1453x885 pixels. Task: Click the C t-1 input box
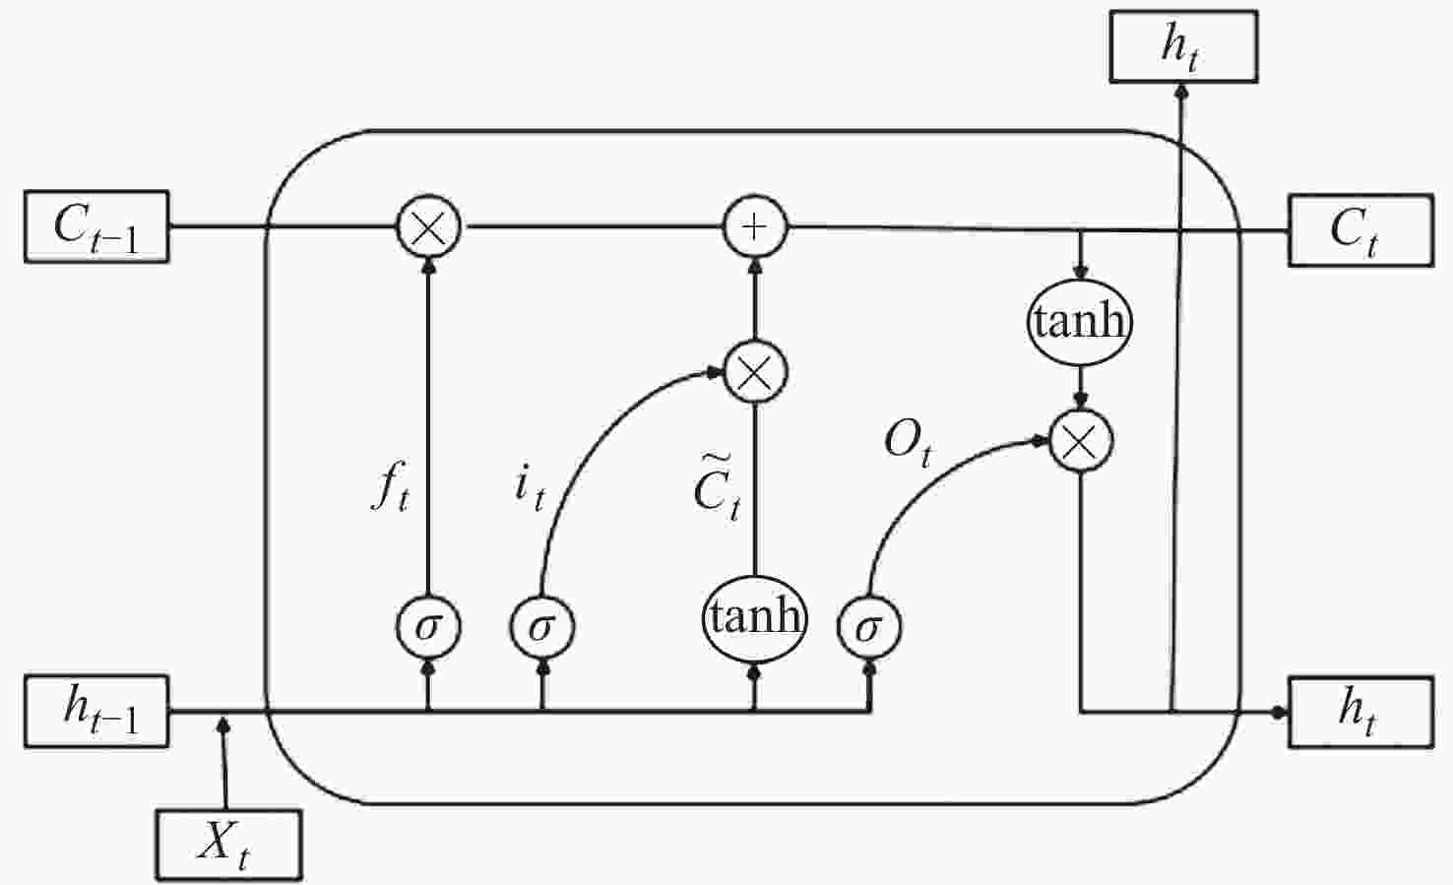pos(96,226)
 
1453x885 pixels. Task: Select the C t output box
pos(1360,230)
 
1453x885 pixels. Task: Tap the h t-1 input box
pos(96,712)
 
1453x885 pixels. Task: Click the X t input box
pos(229,845)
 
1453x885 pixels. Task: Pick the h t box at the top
pos(1184,46)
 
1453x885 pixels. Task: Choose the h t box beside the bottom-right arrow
pos(1360,713)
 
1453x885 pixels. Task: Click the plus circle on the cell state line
pos(754,227)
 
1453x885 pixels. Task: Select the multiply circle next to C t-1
pos(429,227)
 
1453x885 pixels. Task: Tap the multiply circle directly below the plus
pos(755,372)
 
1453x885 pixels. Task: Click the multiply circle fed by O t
pos(1081,441)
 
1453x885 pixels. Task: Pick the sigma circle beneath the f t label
pos(429,627)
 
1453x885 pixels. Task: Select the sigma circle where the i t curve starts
pos(542,627)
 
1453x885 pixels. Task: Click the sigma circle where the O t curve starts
pos(869,627)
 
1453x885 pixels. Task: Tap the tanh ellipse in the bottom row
pos(754,618)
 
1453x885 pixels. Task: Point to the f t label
pos(391,485)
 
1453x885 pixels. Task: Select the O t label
pos(908,445)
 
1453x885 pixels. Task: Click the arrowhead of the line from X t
pos(223,725)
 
